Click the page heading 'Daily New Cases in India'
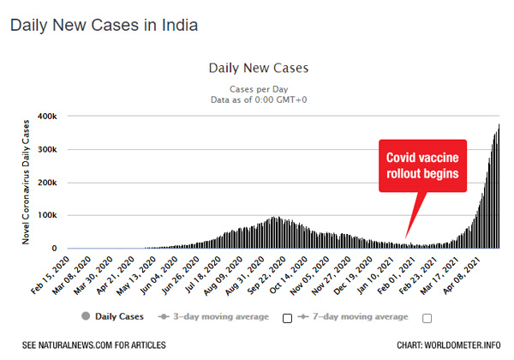(x=104, y=25)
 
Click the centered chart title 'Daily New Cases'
(x=258, y=67)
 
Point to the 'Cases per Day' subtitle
(x=258, y=88)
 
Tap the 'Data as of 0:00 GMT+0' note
(x=258, y=99)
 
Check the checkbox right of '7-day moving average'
(x=427, y=318)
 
